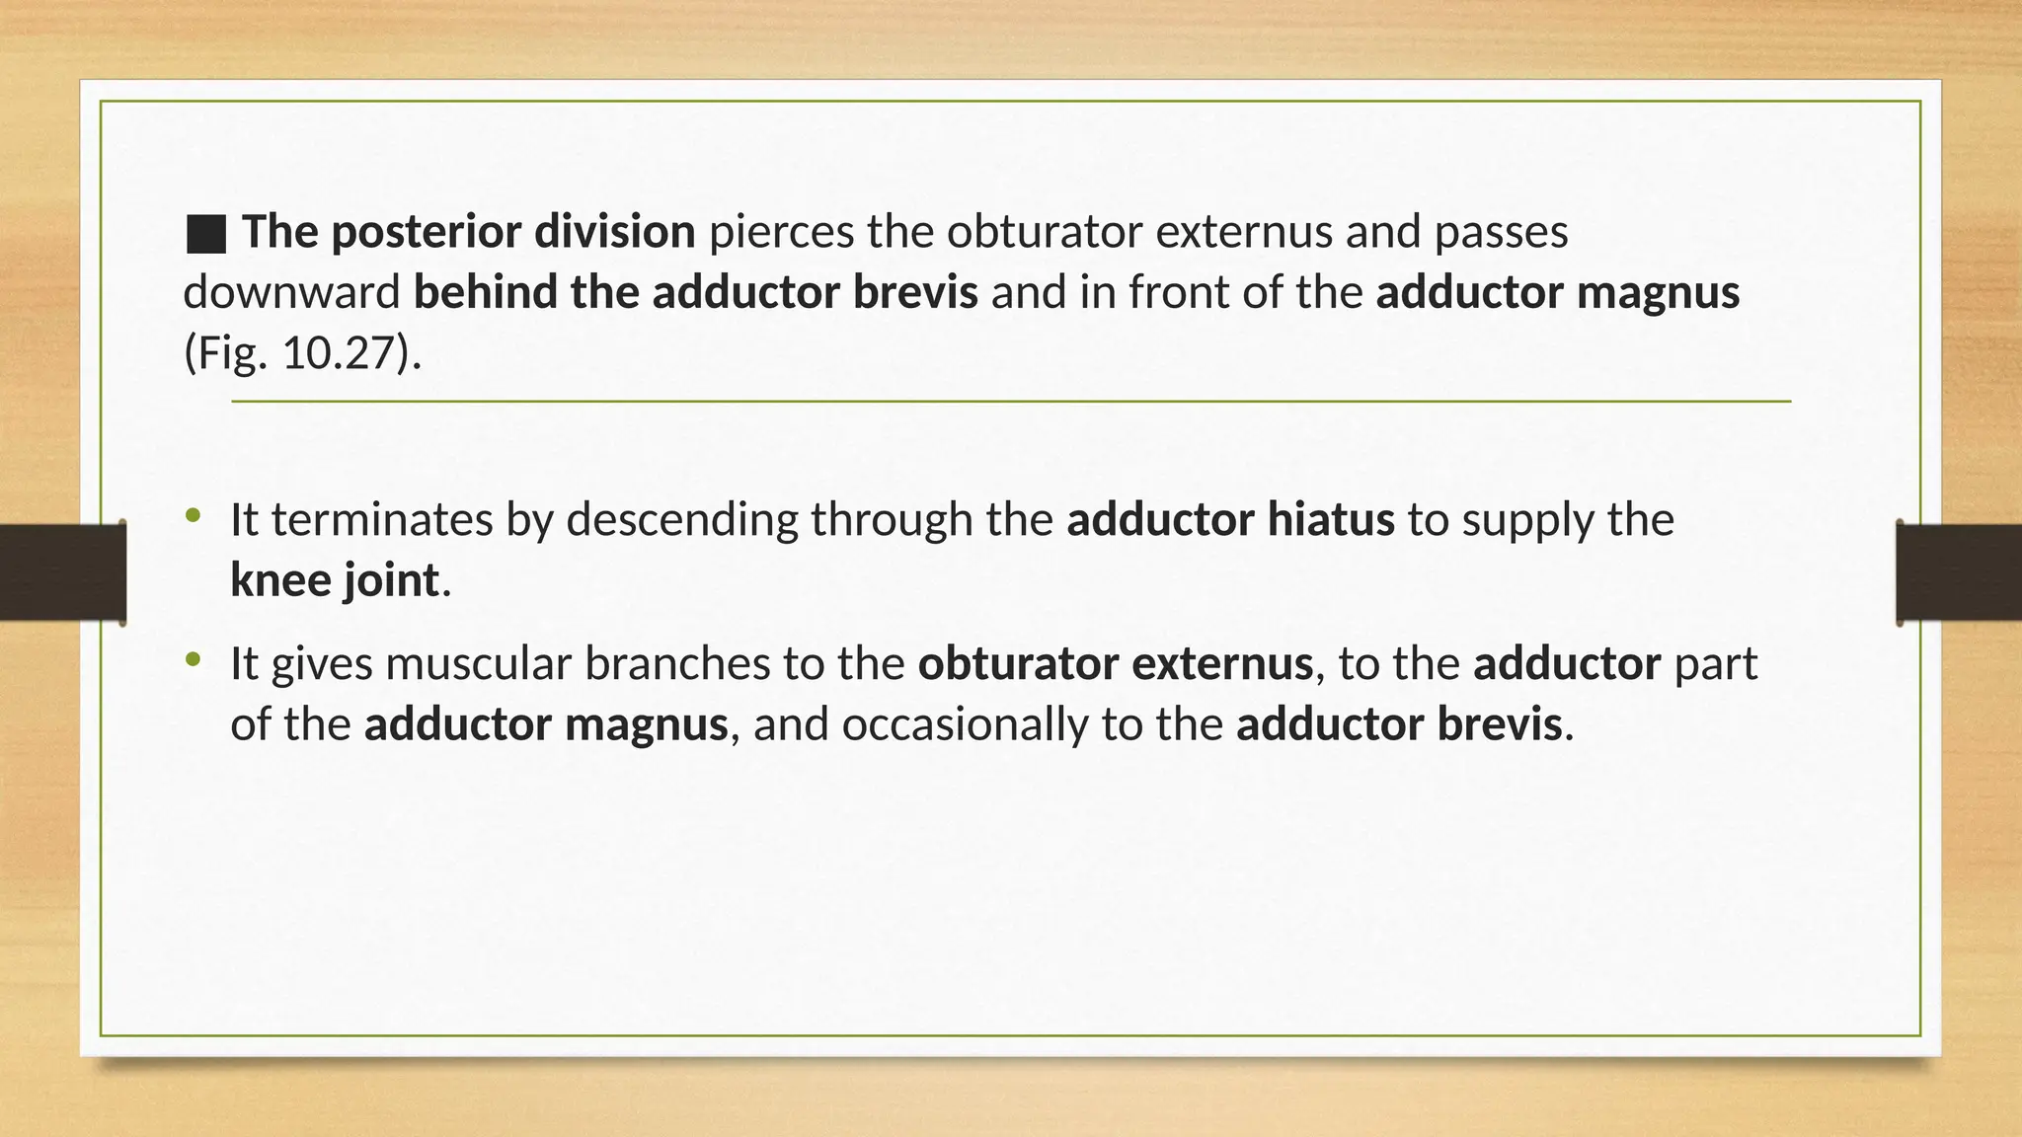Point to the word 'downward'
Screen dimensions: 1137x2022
click(291, 293)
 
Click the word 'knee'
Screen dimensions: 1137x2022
click(280, 580)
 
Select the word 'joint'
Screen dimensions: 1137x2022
click(391, 580)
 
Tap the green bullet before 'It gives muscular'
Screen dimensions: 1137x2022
click(193, 659)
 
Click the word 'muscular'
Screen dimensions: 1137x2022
click(479, 664)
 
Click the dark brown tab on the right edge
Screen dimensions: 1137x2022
click(1959, 572)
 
